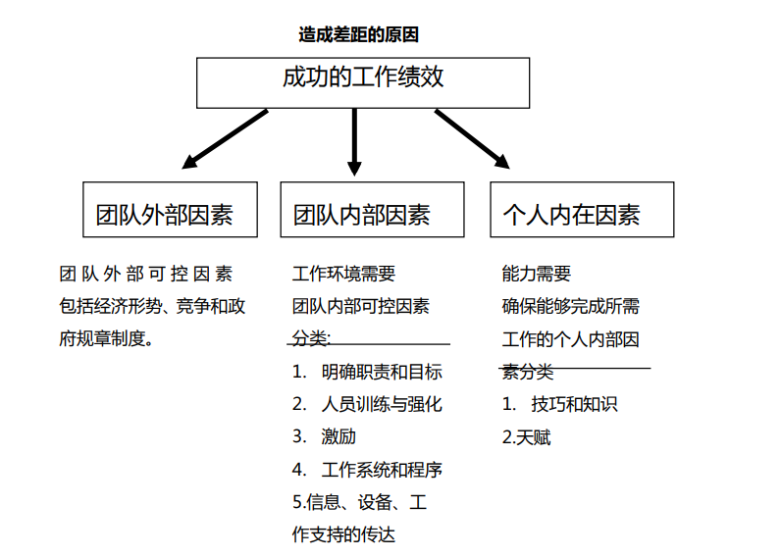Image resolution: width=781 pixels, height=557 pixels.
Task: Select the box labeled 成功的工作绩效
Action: pyautogui.click(x=363, y=81)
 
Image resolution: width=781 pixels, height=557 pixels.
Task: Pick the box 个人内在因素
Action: pyautogui.click(x=582, y=209)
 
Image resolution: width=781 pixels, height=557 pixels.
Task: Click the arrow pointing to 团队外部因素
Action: pyautogui.click(x=225, y=136)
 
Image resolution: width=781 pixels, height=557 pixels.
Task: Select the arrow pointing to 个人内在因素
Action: pyautogui.click(x=471, y=137)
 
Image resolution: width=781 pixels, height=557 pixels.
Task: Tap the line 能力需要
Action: pyautogui.click(x=536, y=274)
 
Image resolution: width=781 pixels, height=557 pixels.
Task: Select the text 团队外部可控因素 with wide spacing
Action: pyautogui.click(x=146, y=274)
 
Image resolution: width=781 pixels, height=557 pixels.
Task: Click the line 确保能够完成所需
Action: pyautogui.click(x=571, y=306)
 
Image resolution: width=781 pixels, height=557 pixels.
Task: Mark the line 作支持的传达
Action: pyautogui.click(x=343, y=534)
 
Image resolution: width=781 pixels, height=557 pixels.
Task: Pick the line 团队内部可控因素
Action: pyautogui.click(x=360, y=306)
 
